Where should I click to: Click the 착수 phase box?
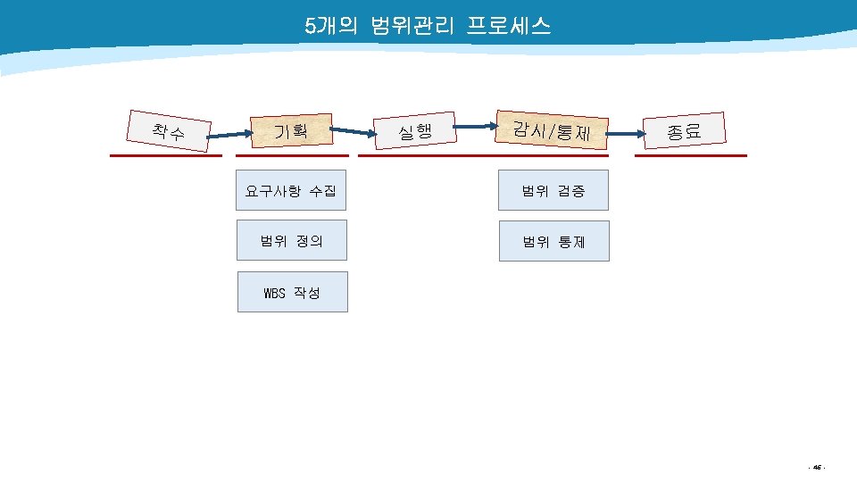[x=169, y=131]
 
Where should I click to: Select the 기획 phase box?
[x=292, y=130]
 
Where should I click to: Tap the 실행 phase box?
[x=415, y=130]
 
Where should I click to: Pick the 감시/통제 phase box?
[x=552, y=130]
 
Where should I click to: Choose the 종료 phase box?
[x=685, y=130]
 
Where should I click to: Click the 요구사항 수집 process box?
[x=291, y=190]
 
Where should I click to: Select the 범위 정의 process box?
[x=292, y=240]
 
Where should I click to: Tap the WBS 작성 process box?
[x=293, y=292]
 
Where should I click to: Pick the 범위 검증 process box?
[x=553, y=190]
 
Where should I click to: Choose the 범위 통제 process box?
[x=554, y=241]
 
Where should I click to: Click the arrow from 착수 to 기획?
[x=230, y=135]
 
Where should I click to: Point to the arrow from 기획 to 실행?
[x=354, y=131]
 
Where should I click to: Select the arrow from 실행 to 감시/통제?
[x=476, y=126]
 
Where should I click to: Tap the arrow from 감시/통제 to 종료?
[x=626, y=133]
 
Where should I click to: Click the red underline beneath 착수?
[x=166, y=155]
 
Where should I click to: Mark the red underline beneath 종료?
[x=691, y=155]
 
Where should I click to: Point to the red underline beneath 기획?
[x=293, y=155]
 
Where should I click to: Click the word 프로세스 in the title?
[x=509, y=25]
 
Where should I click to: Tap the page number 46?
[x=817, y=467]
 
